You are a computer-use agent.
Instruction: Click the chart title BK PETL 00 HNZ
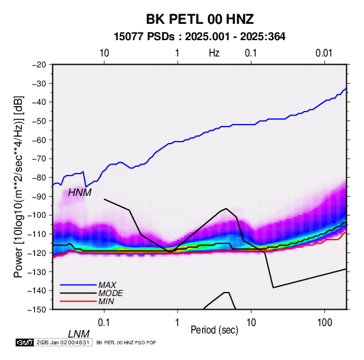point(199,19)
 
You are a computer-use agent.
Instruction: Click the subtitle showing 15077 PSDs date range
point(199,37)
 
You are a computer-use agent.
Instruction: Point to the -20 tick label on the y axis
point(39,65)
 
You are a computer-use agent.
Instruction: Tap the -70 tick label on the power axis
point(39,159)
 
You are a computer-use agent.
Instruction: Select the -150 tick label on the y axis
point(37,310)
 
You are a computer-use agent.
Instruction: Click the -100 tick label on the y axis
point(37,215)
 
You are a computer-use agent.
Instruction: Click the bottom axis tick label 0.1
point(104,323)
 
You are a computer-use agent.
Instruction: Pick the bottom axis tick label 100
point(325,323)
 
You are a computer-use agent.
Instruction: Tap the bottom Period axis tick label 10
point(251,323)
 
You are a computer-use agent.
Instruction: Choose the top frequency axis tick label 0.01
point(324,53)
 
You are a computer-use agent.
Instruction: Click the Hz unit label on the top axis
point(214,53)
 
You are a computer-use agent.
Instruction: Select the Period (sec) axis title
point(214,330)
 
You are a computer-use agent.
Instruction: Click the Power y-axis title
point(18,186)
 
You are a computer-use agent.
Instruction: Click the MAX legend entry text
point(107,284)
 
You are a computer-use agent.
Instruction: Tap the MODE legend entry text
point(110,293)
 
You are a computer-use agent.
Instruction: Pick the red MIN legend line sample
point(78,301)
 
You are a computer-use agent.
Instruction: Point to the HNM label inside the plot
point(80,193)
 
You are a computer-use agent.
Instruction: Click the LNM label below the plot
point(79,334)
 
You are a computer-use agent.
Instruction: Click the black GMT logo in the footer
point(24,342)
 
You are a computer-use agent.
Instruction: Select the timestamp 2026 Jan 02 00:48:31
point(63,342)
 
